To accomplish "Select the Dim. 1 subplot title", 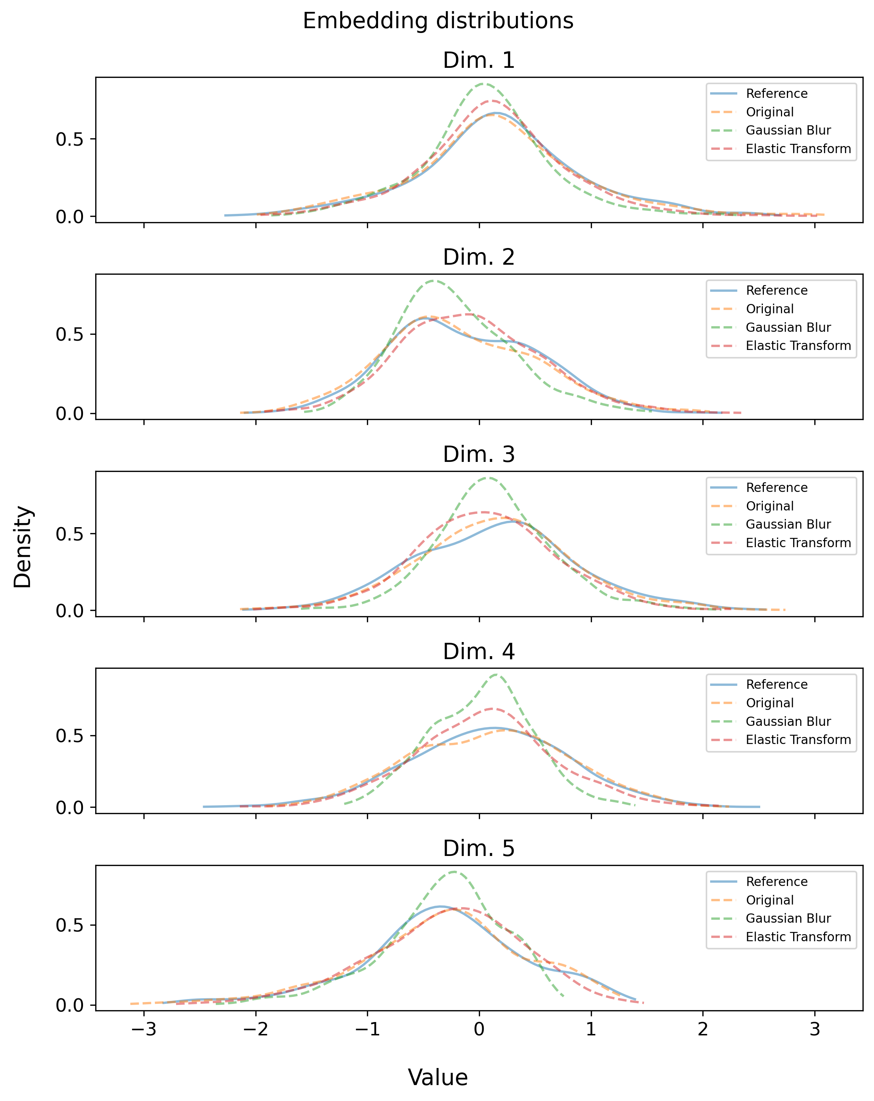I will tap(479, 60).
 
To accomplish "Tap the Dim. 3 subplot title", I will tap(479, 454).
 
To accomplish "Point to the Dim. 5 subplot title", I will tap(479, 848).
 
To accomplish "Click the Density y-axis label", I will tap(23, 546).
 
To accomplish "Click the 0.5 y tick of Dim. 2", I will tap(69, 334).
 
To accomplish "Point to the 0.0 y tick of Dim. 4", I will tap(69, 807).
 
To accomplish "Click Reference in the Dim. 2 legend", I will tap(777, 291).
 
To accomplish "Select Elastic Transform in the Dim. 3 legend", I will tap(798, 543).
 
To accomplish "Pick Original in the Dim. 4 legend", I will tap(769, 703).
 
